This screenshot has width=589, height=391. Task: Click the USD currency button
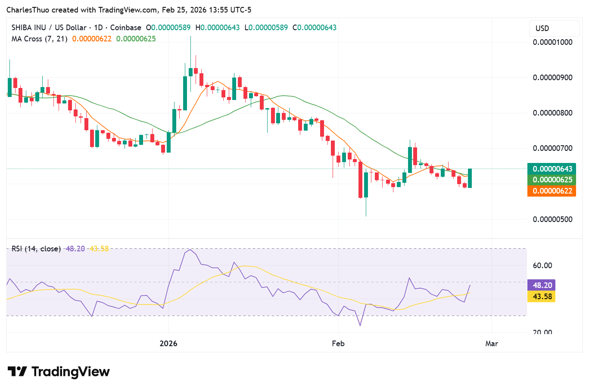click(x=554, y=28)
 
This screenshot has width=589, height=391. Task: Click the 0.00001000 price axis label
click(x=552, y=42)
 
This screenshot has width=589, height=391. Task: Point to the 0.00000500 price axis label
click(x=552, y=219)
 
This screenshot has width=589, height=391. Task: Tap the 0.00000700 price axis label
click(x=552, y=148)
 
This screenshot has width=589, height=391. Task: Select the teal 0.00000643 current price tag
click(x=552, y=169)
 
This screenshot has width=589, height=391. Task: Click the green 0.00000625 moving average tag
click(x=552, y=180)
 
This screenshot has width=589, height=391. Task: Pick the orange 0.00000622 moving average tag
click(x=552, y=191)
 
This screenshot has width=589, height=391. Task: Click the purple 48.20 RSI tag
click(x=542, y=285)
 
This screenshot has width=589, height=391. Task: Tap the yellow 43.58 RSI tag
click(x=542, y=296)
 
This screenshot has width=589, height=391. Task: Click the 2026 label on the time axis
click(x=168, y=344)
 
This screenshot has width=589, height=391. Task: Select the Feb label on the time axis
click(x=338, y=344)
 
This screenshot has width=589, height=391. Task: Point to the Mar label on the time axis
click(x=492, y=344)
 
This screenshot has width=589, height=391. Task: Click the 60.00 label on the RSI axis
click(x=542, y=265)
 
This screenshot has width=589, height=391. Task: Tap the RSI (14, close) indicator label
click(x=36, y=249)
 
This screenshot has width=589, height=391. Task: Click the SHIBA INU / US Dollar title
click(x=49, y=27)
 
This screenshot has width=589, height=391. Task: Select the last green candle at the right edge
click(x=470, y=178)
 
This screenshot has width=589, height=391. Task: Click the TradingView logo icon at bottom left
click(x=17, y=372)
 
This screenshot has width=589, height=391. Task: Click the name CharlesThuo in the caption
click(x=28, y=10)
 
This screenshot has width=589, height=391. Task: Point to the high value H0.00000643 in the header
click(x=218, y=27)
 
